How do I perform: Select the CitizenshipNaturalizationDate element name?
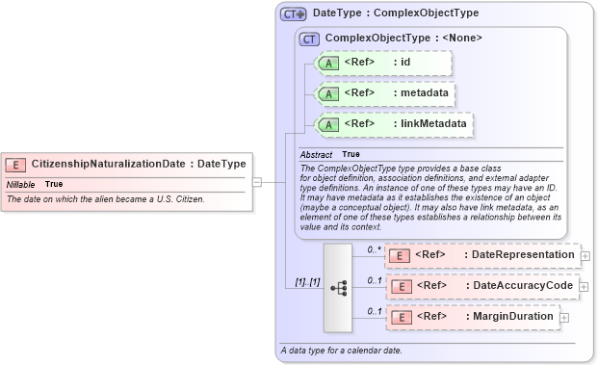point(108,165)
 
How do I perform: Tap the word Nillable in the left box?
point(21,184)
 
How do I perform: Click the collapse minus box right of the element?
point(256,181)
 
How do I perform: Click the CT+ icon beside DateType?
point(293,14)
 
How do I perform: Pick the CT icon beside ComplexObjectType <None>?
point(310,39)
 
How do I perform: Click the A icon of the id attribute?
point(328,63)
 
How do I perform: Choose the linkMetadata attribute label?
point(435,123)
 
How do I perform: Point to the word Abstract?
point(316,154)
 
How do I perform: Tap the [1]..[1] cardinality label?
point(307,281)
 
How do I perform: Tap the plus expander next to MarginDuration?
point(564,318)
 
